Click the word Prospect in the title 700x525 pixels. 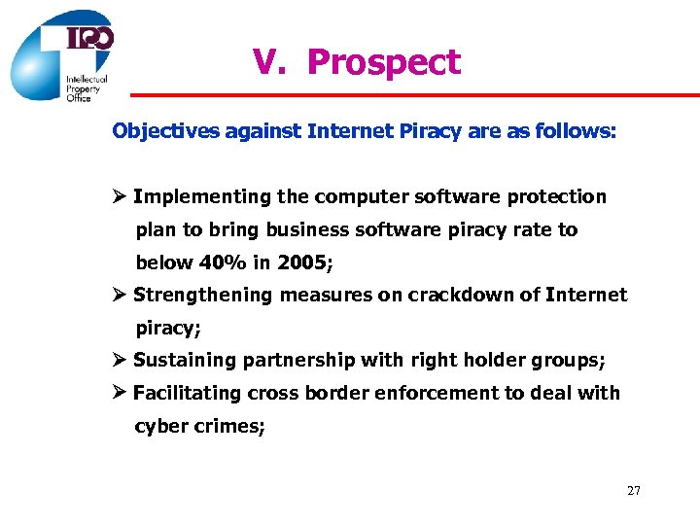click(x=383, y=63)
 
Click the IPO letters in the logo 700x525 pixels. click(x=89, y=38)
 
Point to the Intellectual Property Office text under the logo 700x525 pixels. click(x=86, y=88)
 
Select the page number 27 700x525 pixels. click(x=633, y=491)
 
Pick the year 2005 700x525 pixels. click(x=300, y=262)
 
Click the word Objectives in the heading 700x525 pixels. click(x=166, y=130)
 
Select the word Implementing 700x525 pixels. click(x=202, y=197)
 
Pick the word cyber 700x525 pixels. click(x=157, y=426)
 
